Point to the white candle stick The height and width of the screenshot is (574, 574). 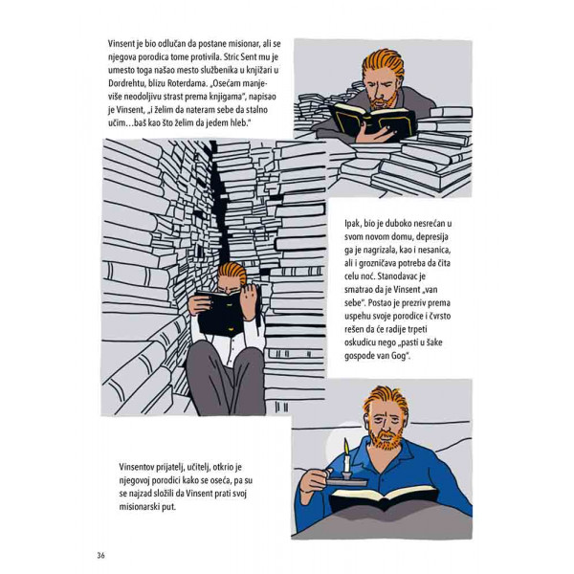click(x=344, y=466)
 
